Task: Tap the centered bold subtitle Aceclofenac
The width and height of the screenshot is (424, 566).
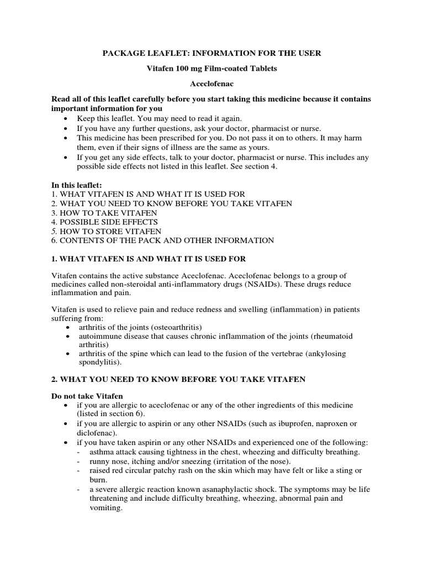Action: (211, 84)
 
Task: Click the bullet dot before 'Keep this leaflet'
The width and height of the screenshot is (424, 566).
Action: (67, 119)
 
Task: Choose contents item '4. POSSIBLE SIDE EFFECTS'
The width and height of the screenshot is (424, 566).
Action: (104, 222)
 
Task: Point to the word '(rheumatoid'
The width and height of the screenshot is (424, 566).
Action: (333, 336)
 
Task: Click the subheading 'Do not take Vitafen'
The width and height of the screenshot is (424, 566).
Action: (87, 397)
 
